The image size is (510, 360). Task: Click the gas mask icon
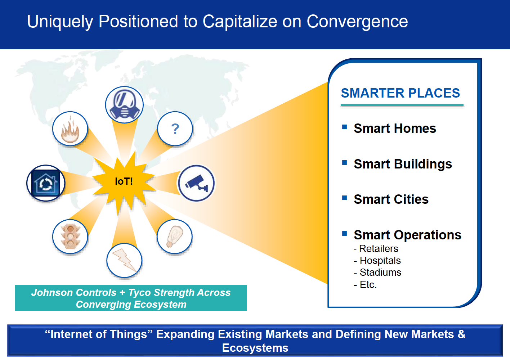pos(124,105)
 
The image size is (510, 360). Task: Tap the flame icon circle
pos(70,129)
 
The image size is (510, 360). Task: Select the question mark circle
pos(175,129)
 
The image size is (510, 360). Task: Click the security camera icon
pos(196,183)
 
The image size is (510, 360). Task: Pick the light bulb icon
pos(175,237)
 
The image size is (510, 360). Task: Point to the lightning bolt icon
pos(124,260)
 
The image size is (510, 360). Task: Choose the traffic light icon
pos(70,237)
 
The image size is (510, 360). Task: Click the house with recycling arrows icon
pos(46,183)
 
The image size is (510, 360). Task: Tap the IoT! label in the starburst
pos(124,181)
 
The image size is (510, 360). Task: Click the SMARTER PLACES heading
pos(400,93)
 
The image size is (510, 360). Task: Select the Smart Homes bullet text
pos(395,129)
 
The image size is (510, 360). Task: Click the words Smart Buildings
pos(403,164)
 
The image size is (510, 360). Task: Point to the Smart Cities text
pos(391,199)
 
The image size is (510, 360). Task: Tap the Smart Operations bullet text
pos(408,235)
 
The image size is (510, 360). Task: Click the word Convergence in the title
pos(357,22)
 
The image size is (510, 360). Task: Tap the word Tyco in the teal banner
pos(139,293)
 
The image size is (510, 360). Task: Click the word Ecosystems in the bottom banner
pos(255,348)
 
